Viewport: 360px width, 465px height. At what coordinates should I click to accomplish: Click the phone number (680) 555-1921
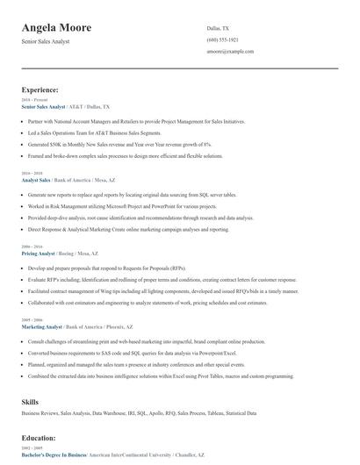(224, 40)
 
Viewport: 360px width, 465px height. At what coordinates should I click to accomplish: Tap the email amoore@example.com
(230, 53)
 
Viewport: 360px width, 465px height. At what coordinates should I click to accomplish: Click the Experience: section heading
(40, 89)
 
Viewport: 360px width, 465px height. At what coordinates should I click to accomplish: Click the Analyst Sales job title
(40, 179)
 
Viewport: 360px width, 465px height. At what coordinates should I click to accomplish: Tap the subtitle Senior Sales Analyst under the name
(45, 42)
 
